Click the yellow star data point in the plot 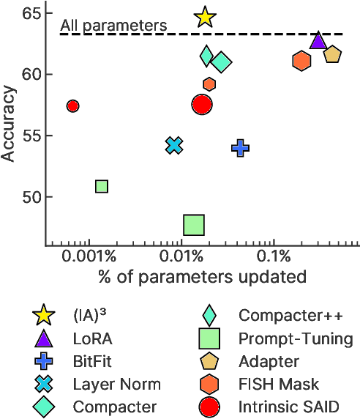point(206,18)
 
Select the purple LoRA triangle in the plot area point(318,41)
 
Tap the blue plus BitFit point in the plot point(240,148)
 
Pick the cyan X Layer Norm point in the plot point(173,145)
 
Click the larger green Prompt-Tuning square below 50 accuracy point(194,225)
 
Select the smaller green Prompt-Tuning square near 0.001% point(102,187)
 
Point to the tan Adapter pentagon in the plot point(332,55)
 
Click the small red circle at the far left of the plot point(72,106)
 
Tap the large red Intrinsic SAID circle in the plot point(202,105)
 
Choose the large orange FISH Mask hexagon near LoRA point(301,61)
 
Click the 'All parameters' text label point(113,26)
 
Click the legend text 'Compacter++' point(290,316)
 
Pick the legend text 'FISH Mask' point(279,384)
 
